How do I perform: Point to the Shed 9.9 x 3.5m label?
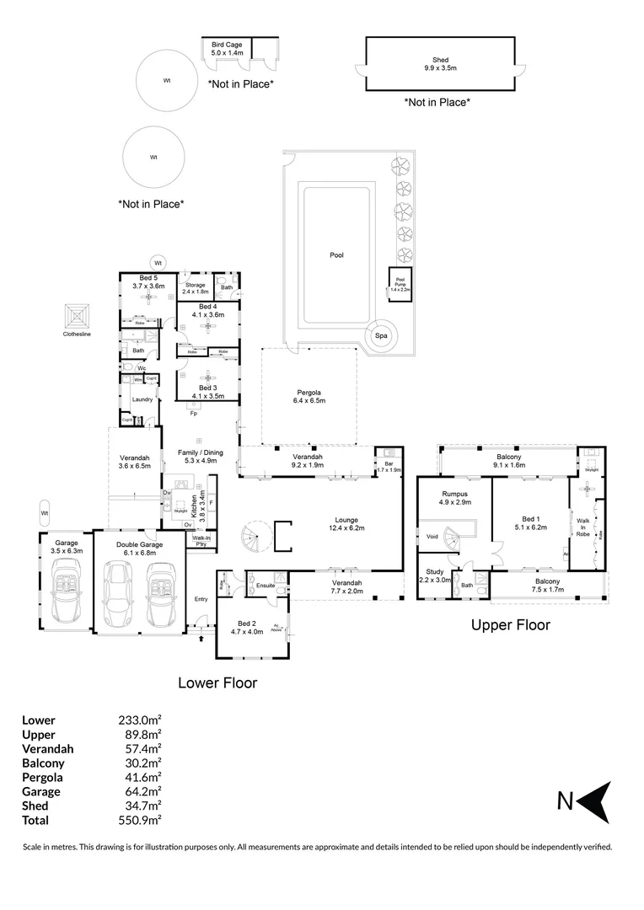pyautogui.click(x=439, y=64)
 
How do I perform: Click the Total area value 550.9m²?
pyautogui.click(x=140, y=820)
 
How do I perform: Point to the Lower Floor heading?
pyautogui.click(x=217, y=682)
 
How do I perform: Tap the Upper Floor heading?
pyautogui.click(x=510, y=625)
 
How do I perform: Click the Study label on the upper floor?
pyautogui.click(x=435, y=575)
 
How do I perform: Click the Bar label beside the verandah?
pyautogui.click(x=389, y=467)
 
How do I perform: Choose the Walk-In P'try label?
pyautogui.click(x=202, y=541)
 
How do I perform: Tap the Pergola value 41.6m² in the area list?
pyautogui.click(x=140, y=777)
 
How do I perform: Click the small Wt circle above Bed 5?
pyautogui.click(x=158, y=263)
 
